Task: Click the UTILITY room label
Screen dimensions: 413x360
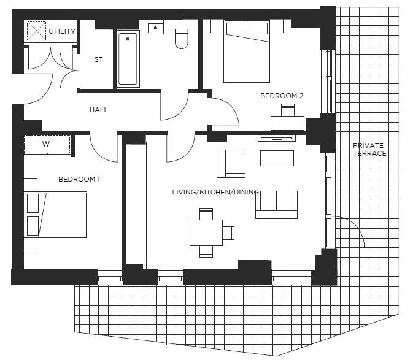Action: (x=62, y=31)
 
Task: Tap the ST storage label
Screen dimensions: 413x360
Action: (x=99, y=59)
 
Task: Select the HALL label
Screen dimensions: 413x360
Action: (x=99, y=110)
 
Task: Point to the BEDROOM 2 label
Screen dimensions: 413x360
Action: (x=282, y=96)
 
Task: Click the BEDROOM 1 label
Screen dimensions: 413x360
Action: (x=79, y=179)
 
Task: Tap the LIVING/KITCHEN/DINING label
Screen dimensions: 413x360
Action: (x=215, y=192)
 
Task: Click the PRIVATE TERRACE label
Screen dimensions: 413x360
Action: (x=369, y=150)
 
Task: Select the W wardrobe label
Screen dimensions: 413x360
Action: (x=46, y=144)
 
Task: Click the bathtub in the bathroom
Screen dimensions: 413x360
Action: (x=128, y=59)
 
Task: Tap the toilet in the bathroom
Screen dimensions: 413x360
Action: (x=182, y=39)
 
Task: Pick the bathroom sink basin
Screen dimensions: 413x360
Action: (x=155, y=28)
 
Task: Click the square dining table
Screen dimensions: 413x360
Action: (x=206, y=232)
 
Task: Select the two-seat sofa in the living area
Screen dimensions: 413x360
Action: (x=276, y=205)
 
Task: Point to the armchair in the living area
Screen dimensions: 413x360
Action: (x=231, y=164)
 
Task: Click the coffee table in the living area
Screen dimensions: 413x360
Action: (x=277, y=158)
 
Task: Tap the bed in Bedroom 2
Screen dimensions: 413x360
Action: (x=247, y=51)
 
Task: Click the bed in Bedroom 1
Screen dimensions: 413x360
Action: (x=56, y=215)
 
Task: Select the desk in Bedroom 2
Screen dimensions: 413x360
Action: (x=287, y=123)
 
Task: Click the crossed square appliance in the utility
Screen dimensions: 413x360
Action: (x=36, y=31)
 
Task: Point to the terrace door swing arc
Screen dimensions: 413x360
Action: (x=356, y=226)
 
